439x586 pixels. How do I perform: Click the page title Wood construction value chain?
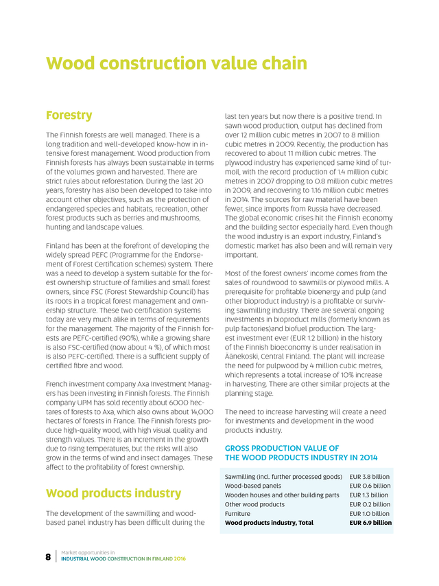176,64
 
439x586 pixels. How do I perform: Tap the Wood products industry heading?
113,493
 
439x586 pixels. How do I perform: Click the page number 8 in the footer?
48,556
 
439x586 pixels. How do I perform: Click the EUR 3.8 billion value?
370,476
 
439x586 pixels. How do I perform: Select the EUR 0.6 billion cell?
370,485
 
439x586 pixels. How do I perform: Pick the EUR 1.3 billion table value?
370,495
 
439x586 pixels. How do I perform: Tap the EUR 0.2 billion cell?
370,504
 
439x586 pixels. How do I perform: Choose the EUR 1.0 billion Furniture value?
370,513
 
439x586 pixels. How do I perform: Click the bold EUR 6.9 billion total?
370,523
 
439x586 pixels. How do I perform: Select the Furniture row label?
237,513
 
